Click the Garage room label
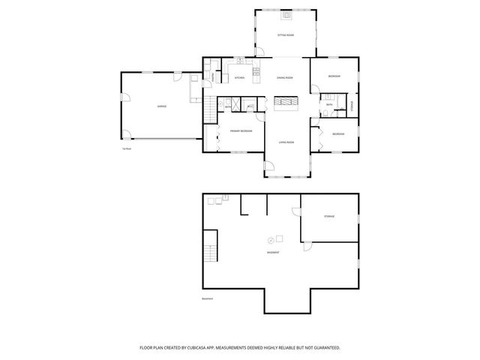(162, 106)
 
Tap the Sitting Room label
(286, 35)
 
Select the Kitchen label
(239, 78)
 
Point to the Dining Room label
(284, 78)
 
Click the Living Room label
(286, 142)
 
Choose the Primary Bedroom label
(241, 130)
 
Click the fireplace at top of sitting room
(286, 15)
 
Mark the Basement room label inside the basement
(274, 252)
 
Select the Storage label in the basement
(329, 216)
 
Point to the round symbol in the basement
(270, 240)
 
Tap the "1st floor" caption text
(127, 148)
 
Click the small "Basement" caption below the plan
(208, 298)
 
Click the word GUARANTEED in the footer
(325, 348)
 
